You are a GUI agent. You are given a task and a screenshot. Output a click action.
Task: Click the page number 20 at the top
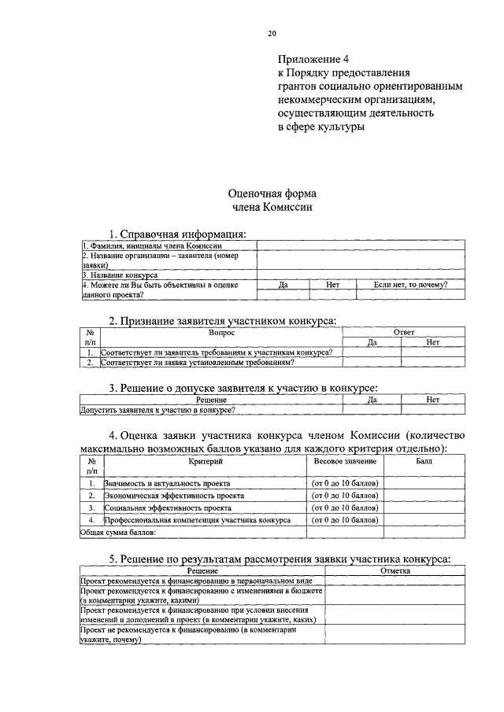click(272, 33)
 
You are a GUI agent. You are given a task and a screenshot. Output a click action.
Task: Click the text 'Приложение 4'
click(313, 59)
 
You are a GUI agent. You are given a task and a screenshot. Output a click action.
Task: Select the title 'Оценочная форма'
click(272, 194)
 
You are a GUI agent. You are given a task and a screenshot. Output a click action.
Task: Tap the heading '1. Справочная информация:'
click(177, 234)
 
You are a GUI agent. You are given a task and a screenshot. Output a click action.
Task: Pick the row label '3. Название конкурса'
click(120, 275)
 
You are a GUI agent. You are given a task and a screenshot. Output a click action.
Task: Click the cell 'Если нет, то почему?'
click(410, 285)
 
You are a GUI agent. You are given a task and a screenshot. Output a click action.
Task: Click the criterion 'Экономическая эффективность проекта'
click(174, 496)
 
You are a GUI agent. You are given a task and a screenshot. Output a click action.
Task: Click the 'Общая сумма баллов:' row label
click(118, 533)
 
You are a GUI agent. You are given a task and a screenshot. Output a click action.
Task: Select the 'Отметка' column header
click(395, 571)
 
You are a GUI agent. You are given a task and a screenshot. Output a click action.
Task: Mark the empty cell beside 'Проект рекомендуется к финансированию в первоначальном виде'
click(395, 581)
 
